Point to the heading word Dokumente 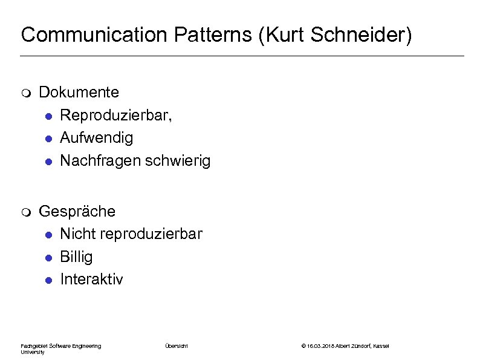(79, 92)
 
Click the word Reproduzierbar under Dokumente (114, 115)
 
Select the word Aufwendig (97, 138)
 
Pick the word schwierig (181, 161)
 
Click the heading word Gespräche (77, 211)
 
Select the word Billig (76, 257)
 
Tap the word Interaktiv (91, 279)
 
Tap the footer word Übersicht (177, 345)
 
